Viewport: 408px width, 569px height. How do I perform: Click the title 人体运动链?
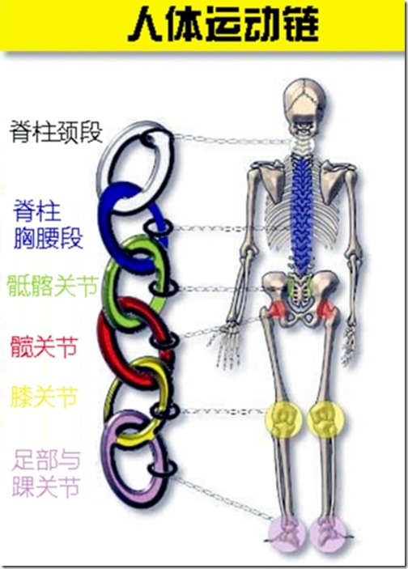(x=223, y=24)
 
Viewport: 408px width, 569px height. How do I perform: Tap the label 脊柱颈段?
(x=56, y=132)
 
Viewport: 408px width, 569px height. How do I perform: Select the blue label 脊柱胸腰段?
(x=48, y=225)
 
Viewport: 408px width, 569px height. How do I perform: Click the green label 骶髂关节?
(x=53, y=285)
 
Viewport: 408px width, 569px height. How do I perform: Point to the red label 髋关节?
(x=44, y=346)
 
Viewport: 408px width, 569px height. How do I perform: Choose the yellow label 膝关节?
(x=45, y=397)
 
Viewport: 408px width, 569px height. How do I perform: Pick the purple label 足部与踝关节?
(x=46, y=473)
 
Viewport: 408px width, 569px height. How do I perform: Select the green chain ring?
(x=109, y=291)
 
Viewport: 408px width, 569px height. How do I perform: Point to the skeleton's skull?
(x=307, y=105)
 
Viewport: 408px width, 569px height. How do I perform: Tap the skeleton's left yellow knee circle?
(x=284, y=419)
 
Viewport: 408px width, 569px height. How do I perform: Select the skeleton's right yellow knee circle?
(x=326, y=419)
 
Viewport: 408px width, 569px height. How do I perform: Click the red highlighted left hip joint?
(x=278, y=309)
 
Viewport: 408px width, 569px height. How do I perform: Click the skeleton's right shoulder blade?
(x=333, y=181)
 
